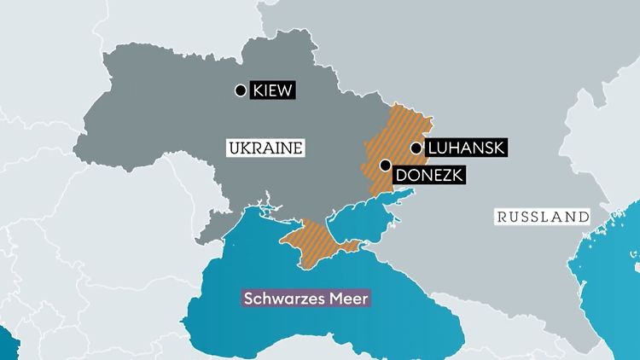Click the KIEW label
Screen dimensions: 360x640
[272, 90]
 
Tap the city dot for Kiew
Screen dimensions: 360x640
[240, 90]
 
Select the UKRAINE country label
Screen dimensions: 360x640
[266, 148]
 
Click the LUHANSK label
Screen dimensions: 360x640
[465, 148]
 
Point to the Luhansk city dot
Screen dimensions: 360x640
[416, 148]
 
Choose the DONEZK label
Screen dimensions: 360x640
[427, 177]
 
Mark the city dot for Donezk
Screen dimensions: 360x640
[386, 165]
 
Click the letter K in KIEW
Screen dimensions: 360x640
[256, 90]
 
